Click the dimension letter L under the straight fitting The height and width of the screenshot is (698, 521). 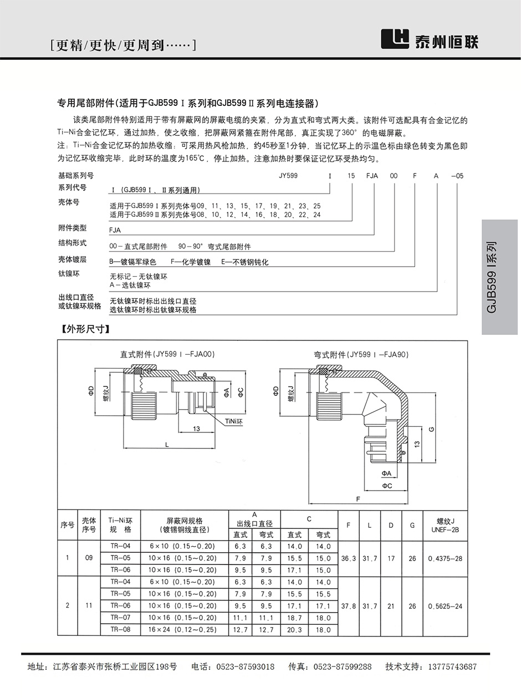166,445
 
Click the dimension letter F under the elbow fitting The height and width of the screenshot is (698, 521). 358,499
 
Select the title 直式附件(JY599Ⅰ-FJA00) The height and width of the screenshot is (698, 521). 167,354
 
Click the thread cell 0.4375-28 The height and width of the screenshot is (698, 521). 445,558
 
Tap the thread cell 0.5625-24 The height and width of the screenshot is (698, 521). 445,606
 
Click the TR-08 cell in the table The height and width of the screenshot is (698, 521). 120,630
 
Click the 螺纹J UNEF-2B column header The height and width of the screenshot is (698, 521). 445,524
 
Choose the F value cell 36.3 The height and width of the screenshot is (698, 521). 348,558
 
